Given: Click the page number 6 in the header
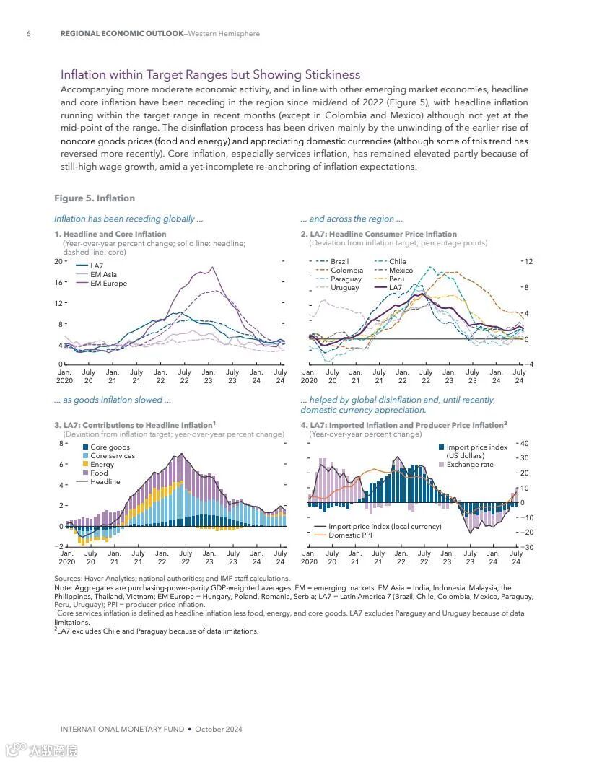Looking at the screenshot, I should (28, 34).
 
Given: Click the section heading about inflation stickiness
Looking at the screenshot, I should (210, 75).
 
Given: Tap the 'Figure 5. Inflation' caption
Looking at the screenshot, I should (95, 198).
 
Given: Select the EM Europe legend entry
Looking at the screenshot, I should (108, 284).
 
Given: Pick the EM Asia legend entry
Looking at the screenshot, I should (103, 275).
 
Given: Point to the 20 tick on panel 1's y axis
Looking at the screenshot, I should (58, 261).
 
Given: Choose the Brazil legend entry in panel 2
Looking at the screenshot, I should (339, 262).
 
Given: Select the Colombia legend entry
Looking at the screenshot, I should (346, 271).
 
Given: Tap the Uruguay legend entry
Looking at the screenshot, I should (344, 288).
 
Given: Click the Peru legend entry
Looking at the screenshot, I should (396, 279).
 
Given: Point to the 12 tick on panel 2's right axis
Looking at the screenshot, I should (528, 261).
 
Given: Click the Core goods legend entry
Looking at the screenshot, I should (110, 447).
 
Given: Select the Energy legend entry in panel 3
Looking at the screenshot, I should (102, 465).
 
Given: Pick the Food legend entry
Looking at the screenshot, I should (99, 473).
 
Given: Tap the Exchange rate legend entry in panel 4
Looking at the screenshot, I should (469, 465).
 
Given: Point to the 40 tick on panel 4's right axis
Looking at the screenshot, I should (525, 444).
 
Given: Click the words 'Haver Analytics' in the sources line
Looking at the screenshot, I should (108, 579).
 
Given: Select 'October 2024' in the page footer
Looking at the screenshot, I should (219, 729).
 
